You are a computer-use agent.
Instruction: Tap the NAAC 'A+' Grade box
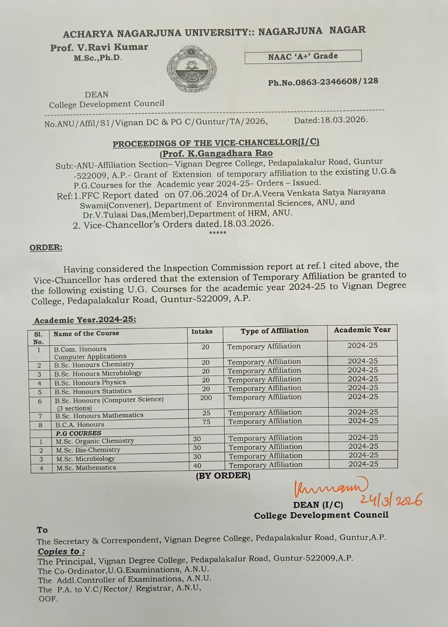click(303, 56)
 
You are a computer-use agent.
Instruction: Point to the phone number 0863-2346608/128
click(323, 82)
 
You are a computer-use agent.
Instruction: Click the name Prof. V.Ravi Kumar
click(99, 47)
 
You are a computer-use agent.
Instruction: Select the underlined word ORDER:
click(46, 248)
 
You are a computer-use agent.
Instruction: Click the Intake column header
click(202, 332)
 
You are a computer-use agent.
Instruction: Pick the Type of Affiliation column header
click(274, 331)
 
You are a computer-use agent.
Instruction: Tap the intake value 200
click(206, 398)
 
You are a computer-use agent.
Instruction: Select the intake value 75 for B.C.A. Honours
click(206, 422)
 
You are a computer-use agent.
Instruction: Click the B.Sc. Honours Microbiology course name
click(98, 373)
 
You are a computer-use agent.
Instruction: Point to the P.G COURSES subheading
click(78, 433)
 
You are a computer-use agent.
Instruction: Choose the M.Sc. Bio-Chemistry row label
click(88, 450)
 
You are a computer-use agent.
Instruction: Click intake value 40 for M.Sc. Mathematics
click(197, 466)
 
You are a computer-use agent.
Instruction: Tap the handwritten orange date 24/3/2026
click(390, 500)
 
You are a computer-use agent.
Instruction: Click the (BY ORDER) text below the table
click(223, 476)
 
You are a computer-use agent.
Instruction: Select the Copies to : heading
click(62, 551)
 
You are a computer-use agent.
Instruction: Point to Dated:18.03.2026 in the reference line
click(331, 120)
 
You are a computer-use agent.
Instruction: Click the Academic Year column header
click(362, 330)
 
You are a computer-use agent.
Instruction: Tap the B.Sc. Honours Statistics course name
click(93, 391)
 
